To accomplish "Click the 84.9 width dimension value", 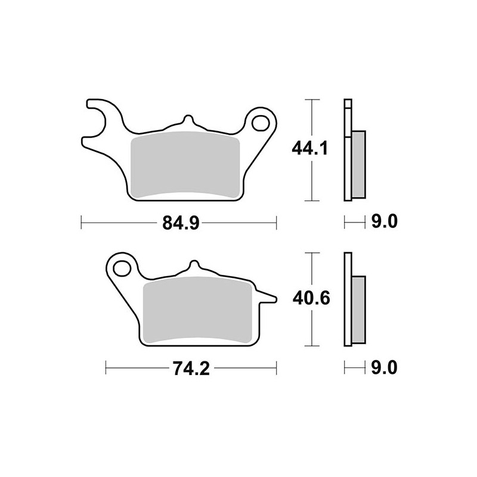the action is tap(181, 222).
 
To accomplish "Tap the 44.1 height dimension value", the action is tap(309, 149).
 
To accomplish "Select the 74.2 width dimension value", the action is tap(191, 368).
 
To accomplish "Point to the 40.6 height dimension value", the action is tap(311, 299).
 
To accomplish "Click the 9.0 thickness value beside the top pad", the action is tap(384, 222).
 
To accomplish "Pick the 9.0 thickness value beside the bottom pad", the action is tap(384, 368).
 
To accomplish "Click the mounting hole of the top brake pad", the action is tap(261, 123).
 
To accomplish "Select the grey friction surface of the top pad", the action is tap(185, 165).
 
